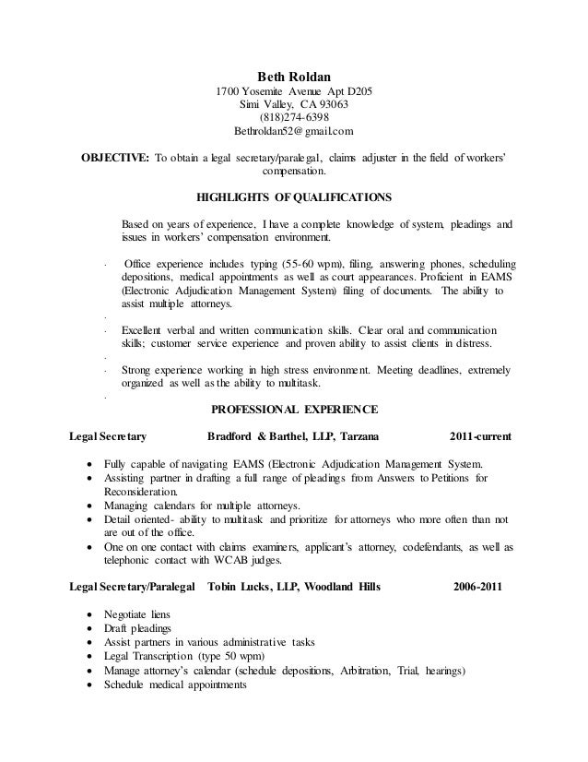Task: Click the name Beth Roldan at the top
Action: [x=293, y=77]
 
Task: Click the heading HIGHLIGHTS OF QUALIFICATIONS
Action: [x=295, y=196]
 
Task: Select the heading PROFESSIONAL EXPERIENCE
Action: [x=295, y=409]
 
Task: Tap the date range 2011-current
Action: [x=481, y=435]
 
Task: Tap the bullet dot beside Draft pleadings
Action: [x=88, y=629]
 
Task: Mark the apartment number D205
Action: [x=357, y=90]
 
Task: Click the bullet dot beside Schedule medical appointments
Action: [x=88, y=686]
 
